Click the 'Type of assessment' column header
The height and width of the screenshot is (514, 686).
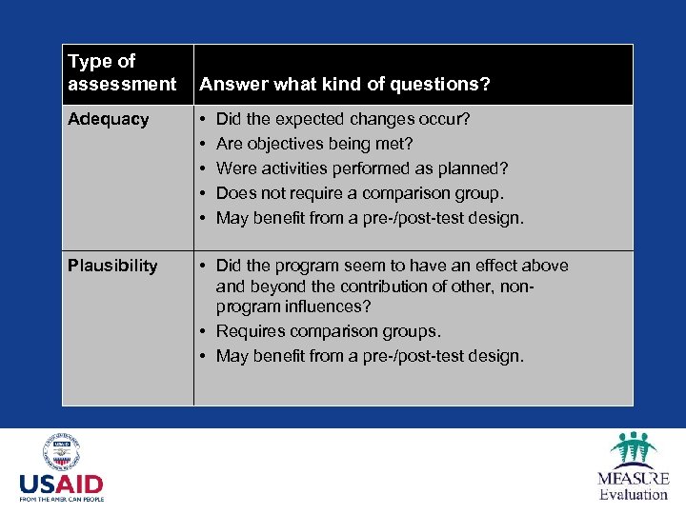coord(122,73)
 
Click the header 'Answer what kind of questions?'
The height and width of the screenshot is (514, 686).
coord(344,85)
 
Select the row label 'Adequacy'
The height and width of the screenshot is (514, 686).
coord(108,119)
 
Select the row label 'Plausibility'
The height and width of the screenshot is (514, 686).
coord(111,266)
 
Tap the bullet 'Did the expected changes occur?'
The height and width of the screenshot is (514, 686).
coord(343,119)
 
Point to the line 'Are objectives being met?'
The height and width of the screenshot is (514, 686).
coord(313,144)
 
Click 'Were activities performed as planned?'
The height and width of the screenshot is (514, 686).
coord(362,168)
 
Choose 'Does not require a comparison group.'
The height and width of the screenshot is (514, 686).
coord(360,193)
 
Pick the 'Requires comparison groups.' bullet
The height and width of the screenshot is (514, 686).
coord(328,331)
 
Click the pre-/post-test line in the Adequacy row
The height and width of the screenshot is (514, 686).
coord(370,218)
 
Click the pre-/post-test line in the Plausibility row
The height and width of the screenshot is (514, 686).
coord(370,356)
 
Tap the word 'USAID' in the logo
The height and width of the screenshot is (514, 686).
coord(61,483)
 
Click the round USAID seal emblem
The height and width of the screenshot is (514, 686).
coord(61,452)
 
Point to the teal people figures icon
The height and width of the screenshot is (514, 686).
coord(634,448)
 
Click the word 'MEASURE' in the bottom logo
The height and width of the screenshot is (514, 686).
coord(634,478)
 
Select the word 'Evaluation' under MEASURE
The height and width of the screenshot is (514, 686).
coord(634,494)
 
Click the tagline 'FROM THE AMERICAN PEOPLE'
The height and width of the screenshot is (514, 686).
coord(61,499)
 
